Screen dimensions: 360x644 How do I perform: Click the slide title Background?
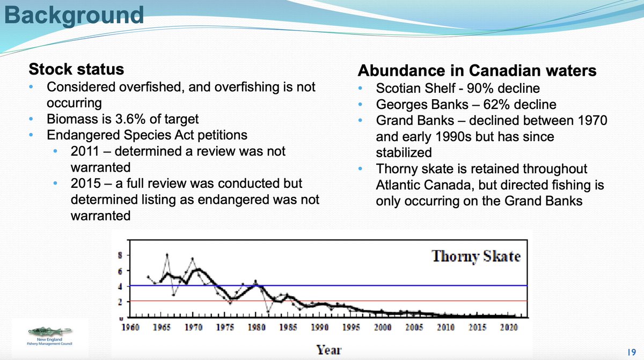pos(74,15)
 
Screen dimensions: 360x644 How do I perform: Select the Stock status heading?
pos(76,70)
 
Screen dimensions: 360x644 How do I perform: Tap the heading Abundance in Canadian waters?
pos(477,71)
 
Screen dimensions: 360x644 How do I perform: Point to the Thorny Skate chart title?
pos(476,256)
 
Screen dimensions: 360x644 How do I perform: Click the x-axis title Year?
pos(329,350)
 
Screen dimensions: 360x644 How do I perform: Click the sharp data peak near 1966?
pos(167,255)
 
